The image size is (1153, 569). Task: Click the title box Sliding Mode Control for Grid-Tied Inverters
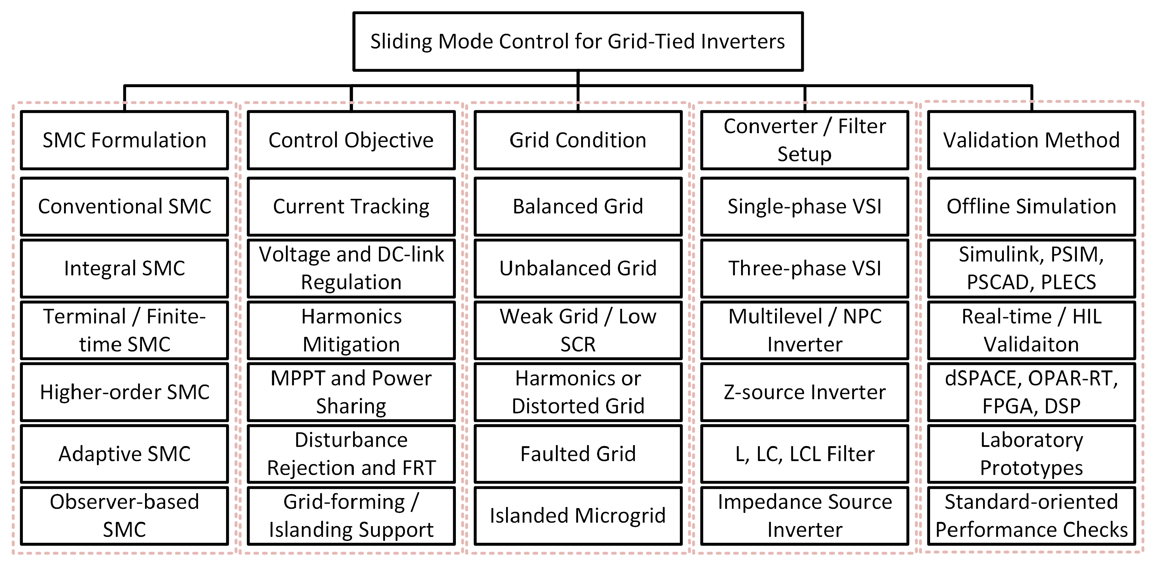578,41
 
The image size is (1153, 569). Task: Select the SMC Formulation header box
124,140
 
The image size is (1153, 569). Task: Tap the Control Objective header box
351,140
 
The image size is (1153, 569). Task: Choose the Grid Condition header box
578,140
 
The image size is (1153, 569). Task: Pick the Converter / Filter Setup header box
805,140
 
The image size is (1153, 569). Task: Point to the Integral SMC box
124,268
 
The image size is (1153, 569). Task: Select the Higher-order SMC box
124,392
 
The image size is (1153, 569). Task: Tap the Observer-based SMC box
124,515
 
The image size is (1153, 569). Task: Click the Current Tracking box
351,206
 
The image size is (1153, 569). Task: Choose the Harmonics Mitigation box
351,330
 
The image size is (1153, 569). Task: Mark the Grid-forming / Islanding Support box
351,515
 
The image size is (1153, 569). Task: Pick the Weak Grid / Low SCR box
578,330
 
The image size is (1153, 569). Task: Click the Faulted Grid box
578,453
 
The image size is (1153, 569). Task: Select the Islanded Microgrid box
578,515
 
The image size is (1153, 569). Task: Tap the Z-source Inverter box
805,392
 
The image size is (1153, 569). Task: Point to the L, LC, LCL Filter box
805,453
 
